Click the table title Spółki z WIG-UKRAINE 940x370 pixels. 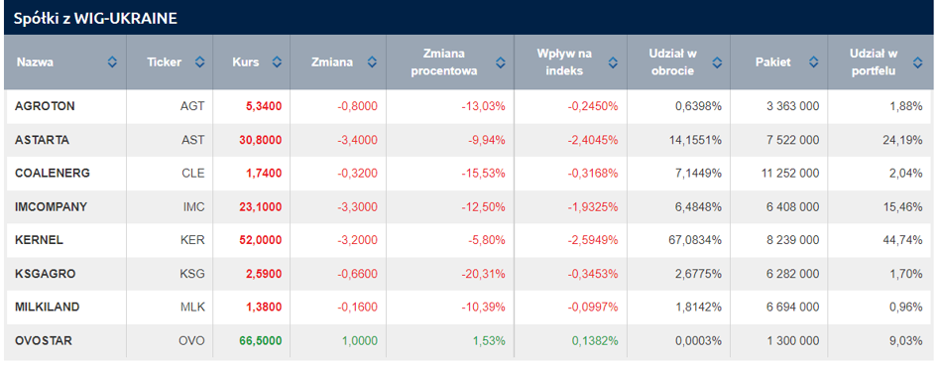pos(96,18)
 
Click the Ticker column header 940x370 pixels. pos(165,62)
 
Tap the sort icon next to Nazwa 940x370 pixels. pos(112,62)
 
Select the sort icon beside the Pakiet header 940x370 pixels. pos(813,62)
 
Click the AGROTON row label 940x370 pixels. pos(45,106)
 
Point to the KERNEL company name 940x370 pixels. pos(39,240)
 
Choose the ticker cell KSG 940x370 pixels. pos(192,274)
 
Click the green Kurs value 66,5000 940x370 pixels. pos(261,340)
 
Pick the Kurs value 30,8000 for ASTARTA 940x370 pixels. pos(261,140)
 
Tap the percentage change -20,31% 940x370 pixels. pos(483,274)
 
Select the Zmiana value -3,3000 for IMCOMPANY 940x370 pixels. pos(357,207)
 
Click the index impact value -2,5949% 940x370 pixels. pos(592,240)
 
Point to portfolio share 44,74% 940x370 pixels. pos(903,240)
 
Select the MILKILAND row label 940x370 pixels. pos(48,308)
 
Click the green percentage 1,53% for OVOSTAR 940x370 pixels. pos(489,340)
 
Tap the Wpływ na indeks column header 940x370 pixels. pos(564,62)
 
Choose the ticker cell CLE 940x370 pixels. pos(193,174)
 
